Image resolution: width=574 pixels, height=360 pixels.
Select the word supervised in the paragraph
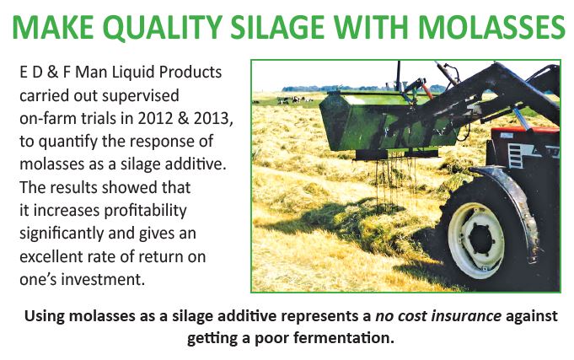pyautogui.click(x=142, y=96)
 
